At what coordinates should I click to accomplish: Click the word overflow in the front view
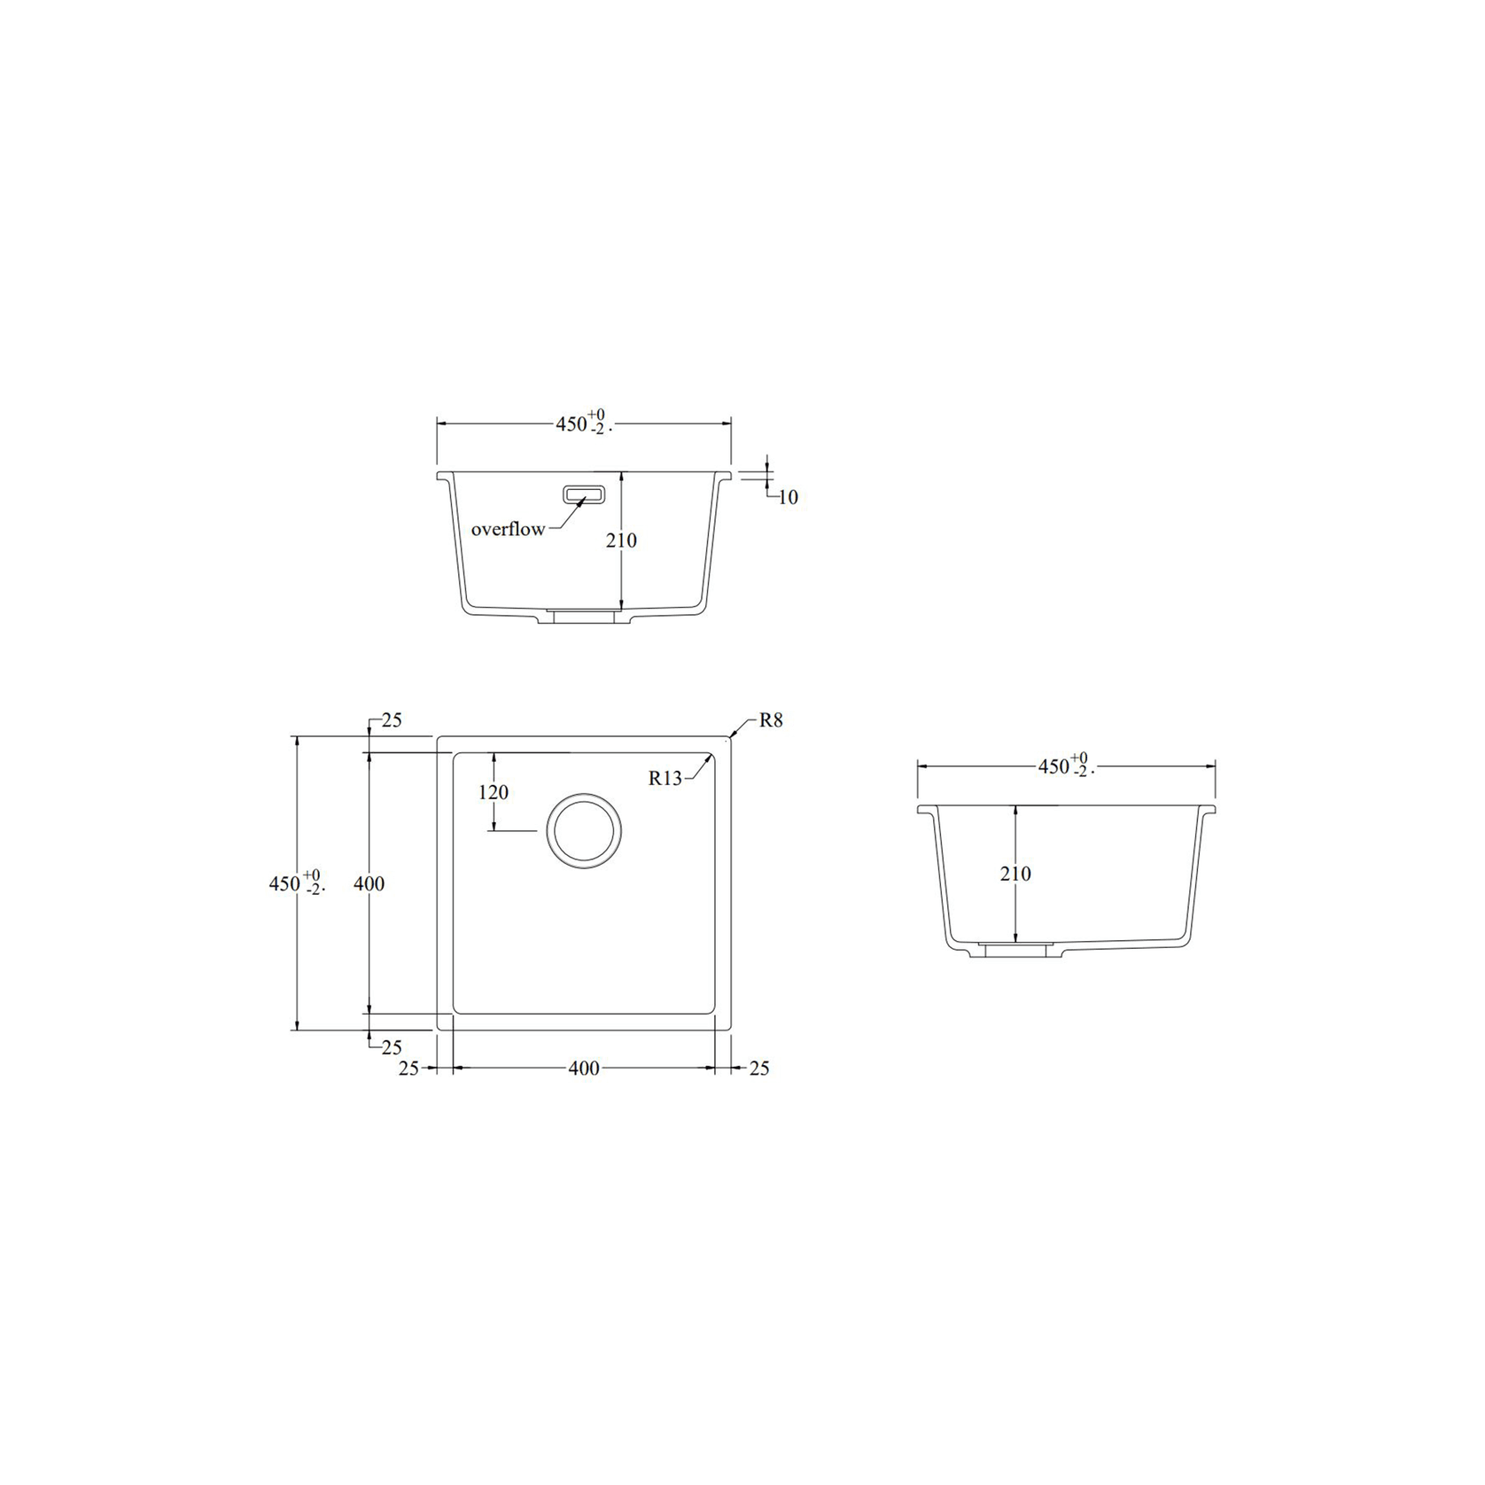pos(508,529)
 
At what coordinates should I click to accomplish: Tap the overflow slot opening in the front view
pos(584,494)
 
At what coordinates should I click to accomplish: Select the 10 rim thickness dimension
pos(788,498)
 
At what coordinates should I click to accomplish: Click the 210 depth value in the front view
pos(621,540)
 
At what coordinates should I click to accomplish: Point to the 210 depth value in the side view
pos(1015,874)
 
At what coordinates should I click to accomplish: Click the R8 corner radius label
pos(771,720)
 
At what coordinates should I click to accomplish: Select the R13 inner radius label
pos(665,778)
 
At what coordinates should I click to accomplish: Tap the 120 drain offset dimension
pos(494,792)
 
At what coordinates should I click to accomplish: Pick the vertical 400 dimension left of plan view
pos(369,883)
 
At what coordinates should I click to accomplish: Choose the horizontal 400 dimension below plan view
pos(583,1069)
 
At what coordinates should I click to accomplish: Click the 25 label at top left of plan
pos(392,720)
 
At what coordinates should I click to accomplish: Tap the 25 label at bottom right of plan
pos(759,1069)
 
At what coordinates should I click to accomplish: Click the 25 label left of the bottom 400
pos(408,1069)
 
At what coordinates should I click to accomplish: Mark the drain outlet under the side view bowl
pos(1015,950)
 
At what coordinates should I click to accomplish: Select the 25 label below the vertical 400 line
pos(392,1048)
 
